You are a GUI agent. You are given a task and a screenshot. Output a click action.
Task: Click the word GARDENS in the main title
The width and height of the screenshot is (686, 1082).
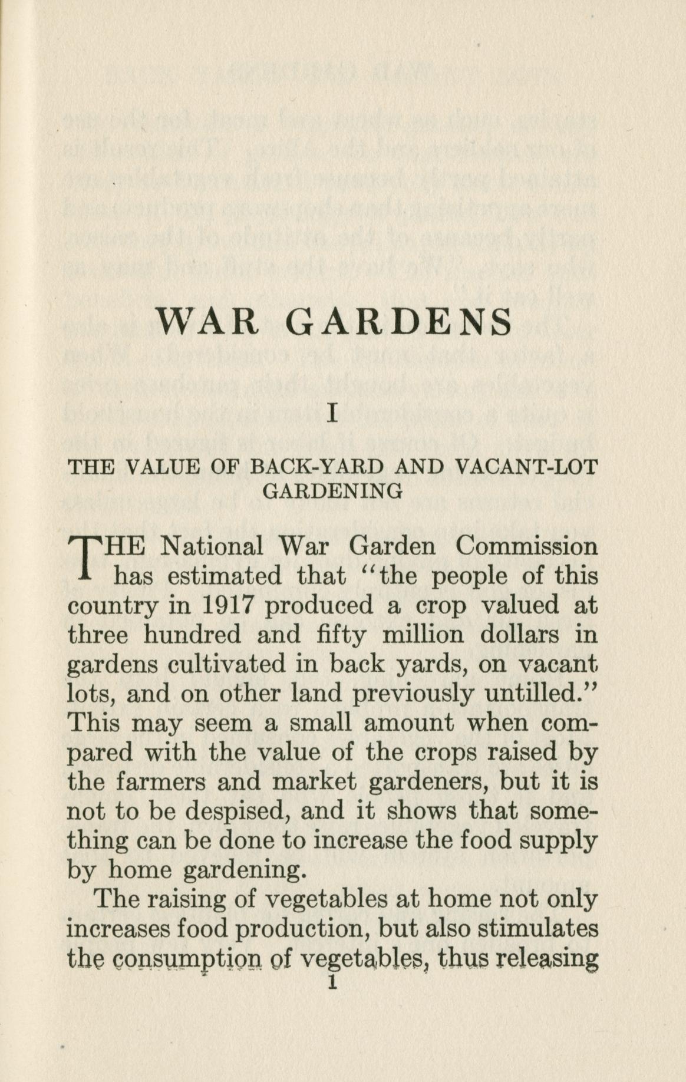(x=401, y=322)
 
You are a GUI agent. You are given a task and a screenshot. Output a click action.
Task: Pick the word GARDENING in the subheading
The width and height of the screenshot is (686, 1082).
(x=333, y=490)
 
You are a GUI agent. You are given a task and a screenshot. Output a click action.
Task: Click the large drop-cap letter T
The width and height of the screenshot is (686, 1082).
(x=84, y=558)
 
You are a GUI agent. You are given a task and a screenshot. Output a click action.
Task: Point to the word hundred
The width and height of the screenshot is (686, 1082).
(x=193, y=635)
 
